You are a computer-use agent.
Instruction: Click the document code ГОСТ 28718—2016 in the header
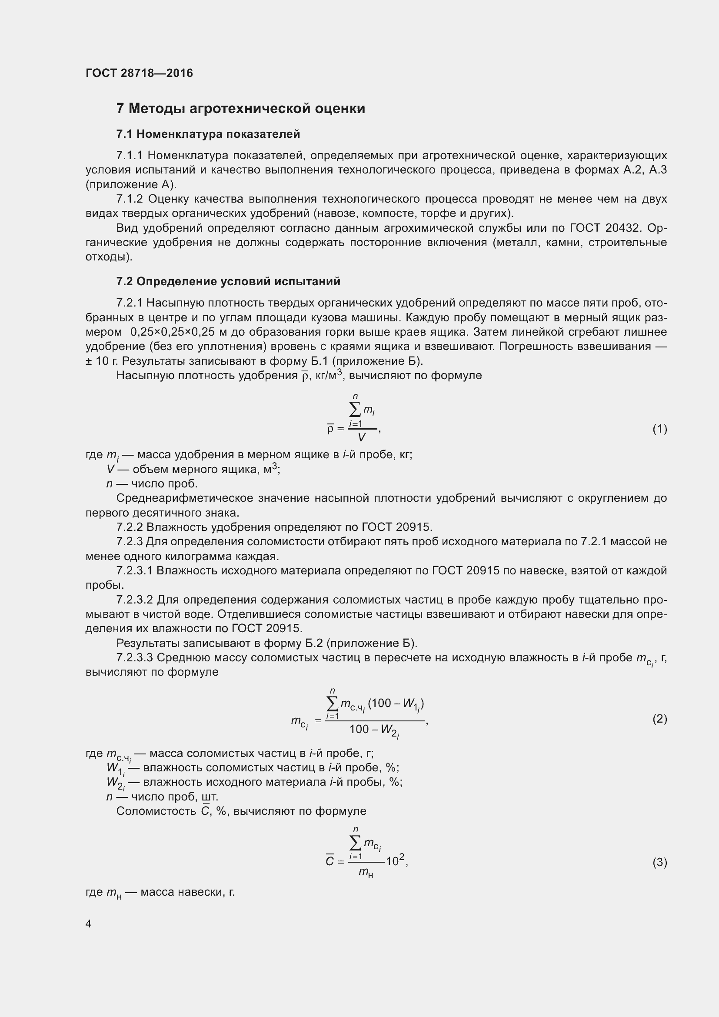pyautogui.click(x=139, y=73)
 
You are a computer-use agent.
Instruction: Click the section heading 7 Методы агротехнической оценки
pyautogui.click(x=240, y=109)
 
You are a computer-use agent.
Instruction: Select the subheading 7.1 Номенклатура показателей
pyautogui.click(x=208, y=134)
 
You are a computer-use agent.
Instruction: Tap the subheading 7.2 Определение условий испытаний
pyautogui.click(x=228, y=281)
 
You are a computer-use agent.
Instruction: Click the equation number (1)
pyautogui.click(x=660, y=429)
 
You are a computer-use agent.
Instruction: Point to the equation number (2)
pyautogui.click(x=660, y=719)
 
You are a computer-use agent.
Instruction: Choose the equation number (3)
pyautogui.click(x=660, y=862)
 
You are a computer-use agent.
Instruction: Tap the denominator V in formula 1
pyautogui.click(x=361, y=438)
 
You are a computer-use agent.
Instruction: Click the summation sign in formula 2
pyautogui.click(x=332, y=704)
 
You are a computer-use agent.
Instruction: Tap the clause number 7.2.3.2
pyautogui.click(x=135, y=600)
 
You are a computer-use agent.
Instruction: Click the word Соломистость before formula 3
pyautogui.click(x=156, y=811)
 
